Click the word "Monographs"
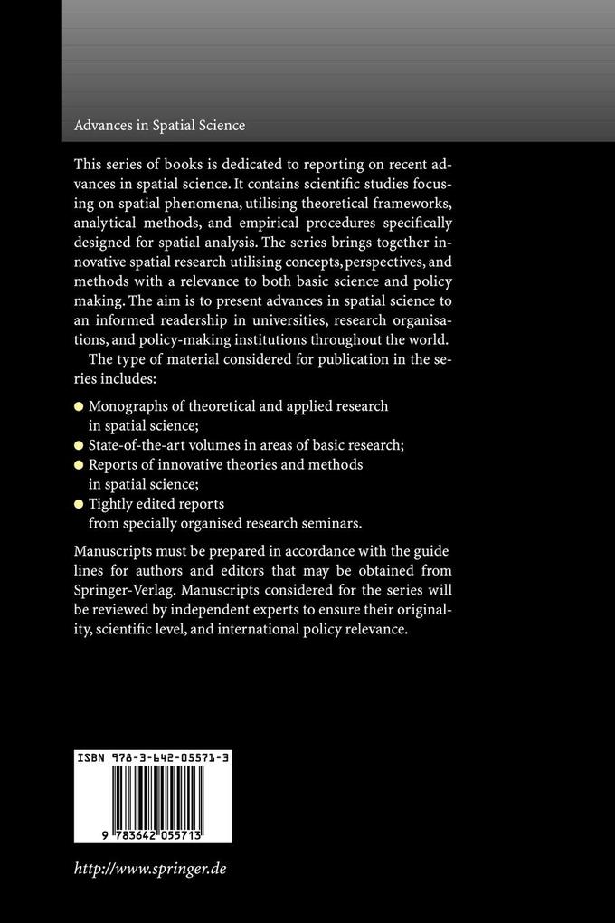131,406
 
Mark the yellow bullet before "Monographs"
80,406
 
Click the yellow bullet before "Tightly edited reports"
80,504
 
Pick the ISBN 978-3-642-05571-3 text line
150,763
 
